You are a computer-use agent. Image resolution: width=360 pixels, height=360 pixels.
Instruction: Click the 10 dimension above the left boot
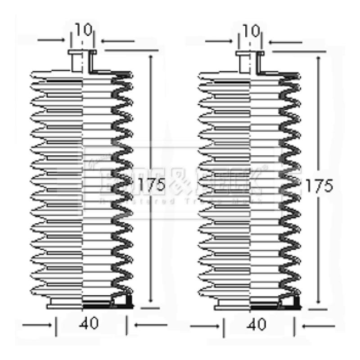(x=83, y=31)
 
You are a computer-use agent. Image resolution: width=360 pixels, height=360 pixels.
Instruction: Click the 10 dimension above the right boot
(x=251, y=31)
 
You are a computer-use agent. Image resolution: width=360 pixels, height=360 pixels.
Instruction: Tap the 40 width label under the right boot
(x=257, y=324)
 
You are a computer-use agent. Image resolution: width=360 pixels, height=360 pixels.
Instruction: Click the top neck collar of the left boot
(x=82, y=53)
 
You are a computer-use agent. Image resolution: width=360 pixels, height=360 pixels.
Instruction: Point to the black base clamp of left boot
(x=108, y=305)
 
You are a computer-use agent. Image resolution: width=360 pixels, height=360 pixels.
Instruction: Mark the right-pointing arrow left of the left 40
(x=36, y=324)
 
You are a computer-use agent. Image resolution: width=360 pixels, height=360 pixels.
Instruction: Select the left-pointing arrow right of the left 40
(x=150, y=324)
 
